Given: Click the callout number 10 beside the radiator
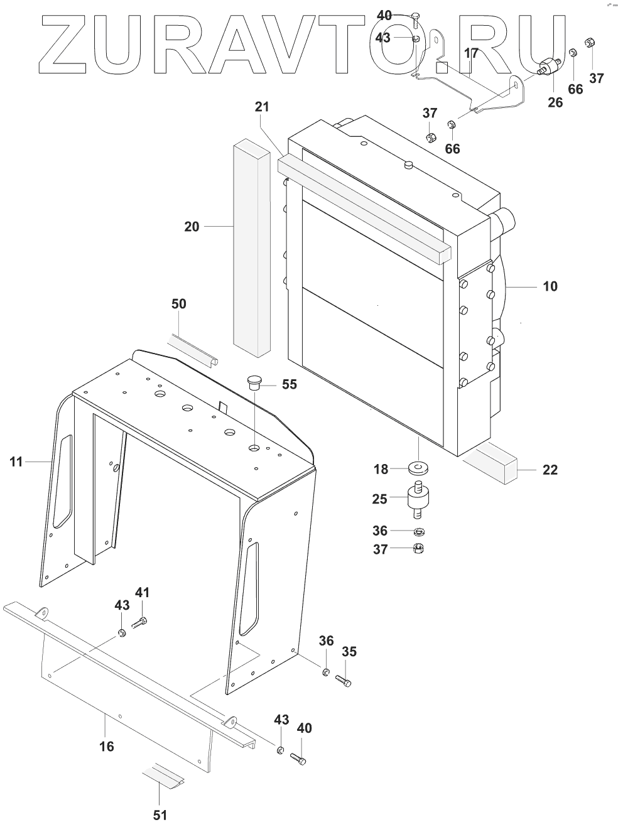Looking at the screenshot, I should [550, 286].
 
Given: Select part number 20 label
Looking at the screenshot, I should [192, 226].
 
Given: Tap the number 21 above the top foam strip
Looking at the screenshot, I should [262, 107].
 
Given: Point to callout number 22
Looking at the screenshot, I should [550, 470].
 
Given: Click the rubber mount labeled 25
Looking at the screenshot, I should [417, 500].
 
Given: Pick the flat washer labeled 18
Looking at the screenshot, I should [417, 468].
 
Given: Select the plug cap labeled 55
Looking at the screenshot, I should [255, 382].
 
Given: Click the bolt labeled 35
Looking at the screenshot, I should [342, 679].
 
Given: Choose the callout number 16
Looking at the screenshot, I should [107, 746].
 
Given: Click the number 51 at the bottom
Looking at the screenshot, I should [161, 815].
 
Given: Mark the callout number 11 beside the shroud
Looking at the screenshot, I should [16, 462].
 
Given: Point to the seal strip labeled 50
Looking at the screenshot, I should [195, 352].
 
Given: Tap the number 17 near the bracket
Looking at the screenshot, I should [472, 53].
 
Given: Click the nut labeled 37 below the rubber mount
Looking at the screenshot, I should [417, 549].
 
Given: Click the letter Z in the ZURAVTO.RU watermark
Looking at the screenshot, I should [63, 44].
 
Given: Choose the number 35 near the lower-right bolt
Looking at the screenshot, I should [349, 652].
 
